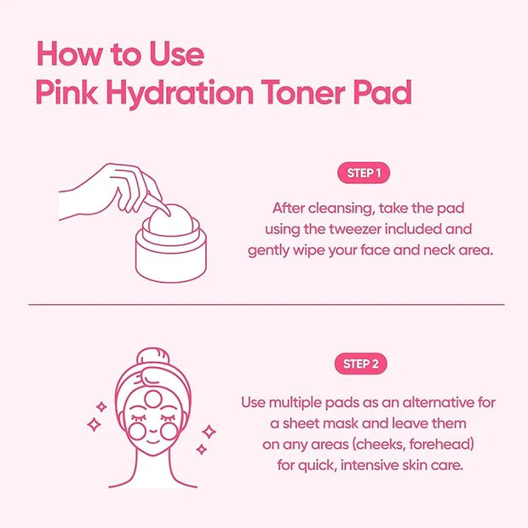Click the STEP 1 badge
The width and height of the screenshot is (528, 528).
[x=364, y=173]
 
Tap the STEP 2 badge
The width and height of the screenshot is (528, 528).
[x=360, y=364]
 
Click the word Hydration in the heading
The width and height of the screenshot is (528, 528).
[x=180, y=94]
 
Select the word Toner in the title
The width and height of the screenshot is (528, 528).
[x=303, y=92]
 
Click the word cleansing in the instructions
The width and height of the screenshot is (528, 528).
[x=341, y=209]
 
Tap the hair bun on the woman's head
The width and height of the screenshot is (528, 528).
[x=153, y=358]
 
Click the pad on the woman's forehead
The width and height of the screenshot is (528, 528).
[x=153, y=399]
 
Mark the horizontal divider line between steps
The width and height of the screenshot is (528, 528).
[x=267, y=304]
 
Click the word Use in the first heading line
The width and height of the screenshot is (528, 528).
[x=176, y=54]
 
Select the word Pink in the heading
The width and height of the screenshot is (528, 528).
[x=67, y=92]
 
